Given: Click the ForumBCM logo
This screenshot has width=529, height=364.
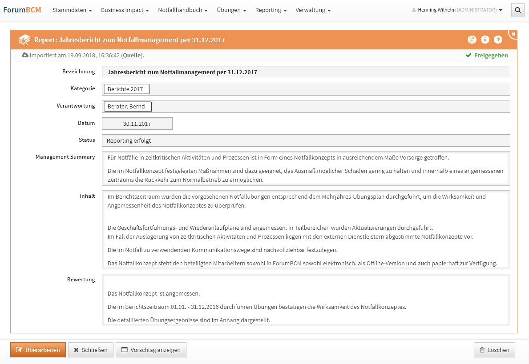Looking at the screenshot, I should tap(22, 10).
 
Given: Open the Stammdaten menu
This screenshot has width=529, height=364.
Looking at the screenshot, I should tap(72, 10).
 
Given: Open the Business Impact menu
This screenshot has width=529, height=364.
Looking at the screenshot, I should tap(125, 10).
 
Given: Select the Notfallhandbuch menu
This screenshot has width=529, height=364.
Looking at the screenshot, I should tap(182, 10).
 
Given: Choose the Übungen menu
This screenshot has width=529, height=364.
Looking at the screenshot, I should tap(231, 10).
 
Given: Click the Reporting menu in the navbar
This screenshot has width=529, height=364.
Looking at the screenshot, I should tap(271, 10).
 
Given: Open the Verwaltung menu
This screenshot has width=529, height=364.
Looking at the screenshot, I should tap(313, 10).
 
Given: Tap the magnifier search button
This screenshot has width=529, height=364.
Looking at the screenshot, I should tap(517, 10).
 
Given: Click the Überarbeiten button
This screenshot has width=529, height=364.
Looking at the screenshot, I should tap(38, 350).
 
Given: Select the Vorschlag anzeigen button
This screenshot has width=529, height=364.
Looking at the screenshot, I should tap(151, 350).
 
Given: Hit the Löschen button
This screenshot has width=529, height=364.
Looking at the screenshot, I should tap(494, 350).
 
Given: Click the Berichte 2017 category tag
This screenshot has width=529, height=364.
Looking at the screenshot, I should tap(126, 89).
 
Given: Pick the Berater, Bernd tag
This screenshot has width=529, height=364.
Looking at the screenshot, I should tap(128, 107).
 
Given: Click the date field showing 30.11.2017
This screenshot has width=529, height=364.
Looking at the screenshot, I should tap(137, 124).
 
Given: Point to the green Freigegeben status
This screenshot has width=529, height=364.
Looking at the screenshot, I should tap(487, 56).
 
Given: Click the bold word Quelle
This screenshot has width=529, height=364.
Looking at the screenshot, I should tap(132, 56).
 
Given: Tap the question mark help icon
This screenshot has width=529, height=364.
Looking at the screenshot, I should tap(498, 40).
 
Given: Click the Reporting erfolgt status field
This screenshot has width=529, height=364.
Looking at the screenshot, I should tap(306, 141).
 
